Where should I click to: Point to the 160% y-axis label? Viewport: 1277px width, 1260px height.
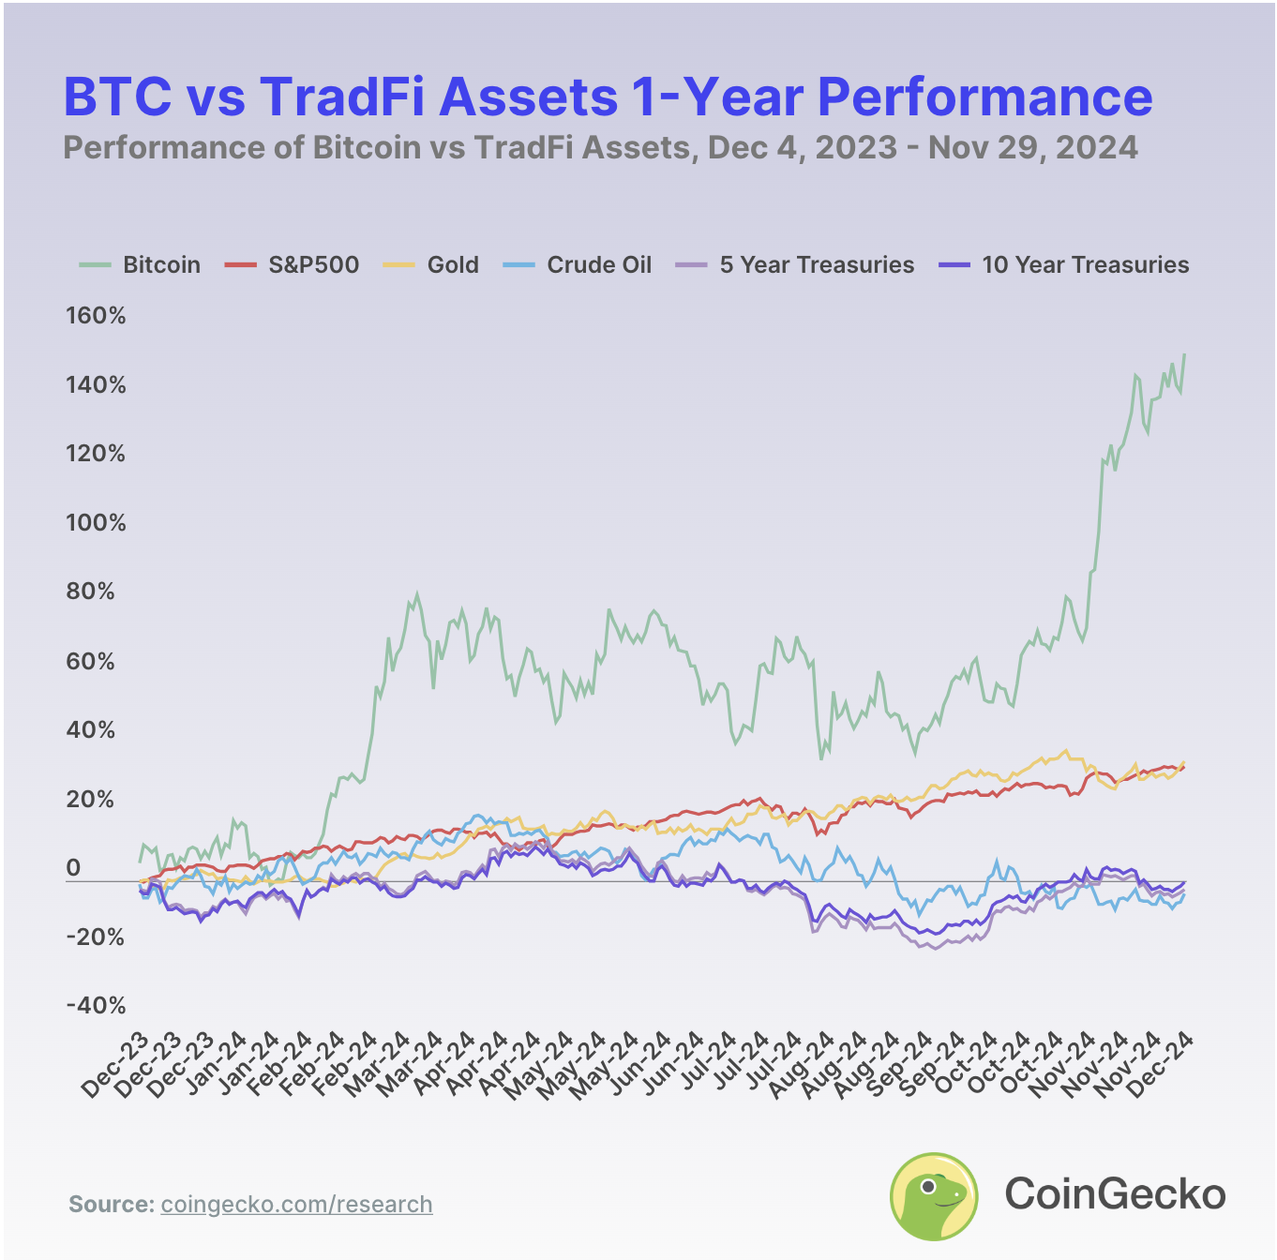[x=96, y=316]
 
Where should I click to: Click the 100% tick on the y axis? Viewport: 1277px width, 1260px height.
[x=96, y=523]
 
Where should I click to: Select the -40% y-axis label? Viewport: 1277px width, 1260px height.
[x=96, y=1006]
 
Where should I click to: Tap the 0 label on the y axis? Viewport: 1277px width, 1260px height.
[x=73, y=868]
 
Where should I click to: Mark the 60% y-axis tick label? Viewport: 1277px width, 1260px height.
[x=96, y=662]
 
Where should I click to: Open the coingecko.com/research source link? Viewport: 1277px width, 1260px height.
[x=296, y=1205]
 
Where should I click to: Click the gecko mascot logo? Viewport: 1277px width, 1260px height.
[x=933, y=1196]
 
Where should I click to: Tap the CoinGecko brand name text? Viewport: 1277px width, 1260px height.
[x=1115, y=1194]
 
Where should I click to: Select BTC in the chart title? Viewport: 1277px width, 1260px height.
[x=117, y=97]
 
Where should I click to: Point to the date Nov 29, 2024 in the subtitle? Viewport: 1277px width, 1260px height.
[x=1032, y=148]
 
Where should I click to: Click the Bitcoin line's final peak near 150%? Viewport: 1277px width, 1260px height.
[x=1184, y=355]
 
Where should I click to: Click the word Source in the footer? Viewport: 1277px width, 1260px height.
[x=111, y=1205]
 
